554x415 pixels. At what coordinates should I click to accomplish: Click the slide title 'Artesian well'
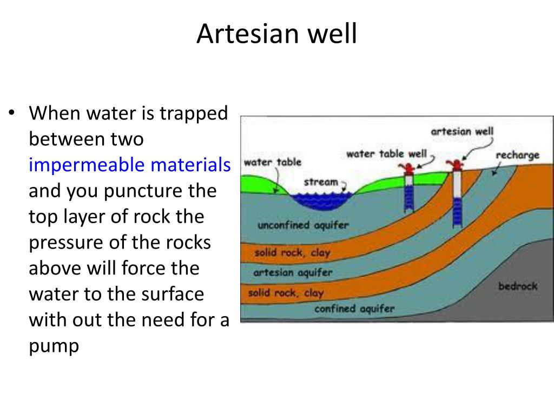(x=276, y=34)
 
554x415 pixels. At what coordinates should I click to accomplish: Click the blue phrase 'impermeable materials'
(x=129, y=165)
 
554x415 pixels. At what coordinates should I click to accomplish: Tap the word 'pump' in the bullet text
(x=54, y=346)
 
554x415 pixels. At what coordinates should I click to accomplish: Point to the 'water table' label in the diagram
(x=273, y=162)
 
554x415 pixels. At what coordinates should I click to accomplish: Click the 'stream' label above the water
(x=320, y=182)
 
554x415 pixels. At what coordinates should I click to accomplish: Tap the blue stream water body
(x=321, y=200)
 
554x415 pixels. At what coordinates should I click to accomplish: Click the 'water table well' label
(x=386, y=154)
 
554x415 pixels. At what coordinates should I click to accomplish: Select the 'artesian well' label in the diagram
(x=462, y=131)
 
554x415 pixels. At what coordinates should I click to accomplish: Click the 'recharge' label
(x=518, y=155)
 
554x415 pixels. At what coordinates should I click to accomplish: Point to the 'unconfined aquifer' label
(x=303, y=225)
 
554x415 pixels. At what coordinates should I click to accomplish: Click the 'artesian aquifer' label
(x=293, y=272)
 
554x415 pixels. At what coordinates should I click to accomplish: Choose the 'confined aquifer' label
(x=354, y=309)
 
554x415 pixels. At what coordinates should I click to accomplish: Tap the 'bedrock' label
(x=517, y=286)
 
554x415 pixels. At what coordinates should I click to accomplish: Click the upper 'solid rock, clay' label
(x=292, y=252)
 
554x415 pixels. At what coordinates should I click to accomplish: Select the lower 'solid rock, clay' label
(x=286, y=293)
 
